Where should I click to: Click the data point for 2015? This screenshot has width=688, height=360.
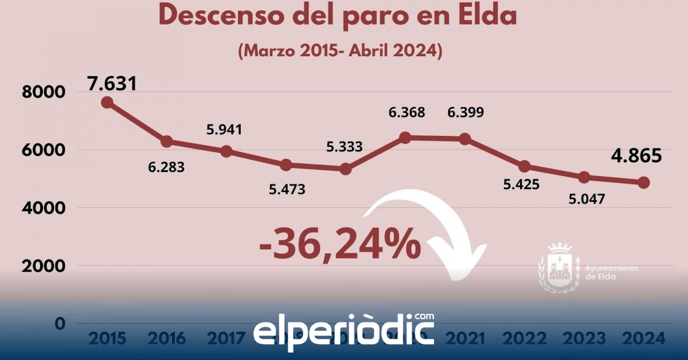(x=107, y=103)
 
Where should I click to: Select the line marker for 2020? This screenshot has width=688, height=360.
(x=405, y=138)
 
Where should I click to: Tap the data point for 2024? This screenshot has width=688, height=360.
(x=644, y=182)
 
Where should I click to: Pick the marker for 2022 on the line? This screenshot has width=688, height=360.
(x=525, y=167)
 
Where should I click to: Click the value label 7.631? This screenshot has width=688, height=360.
(x=112, y=84)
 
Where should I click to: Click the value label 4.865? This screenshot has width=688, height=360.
(x=636, y=156)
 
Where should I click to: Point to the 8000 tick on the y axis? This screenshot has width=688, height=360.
(x=44, y=92)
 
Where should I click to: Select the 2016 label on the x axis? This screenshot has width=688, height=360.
(x=166, y=338)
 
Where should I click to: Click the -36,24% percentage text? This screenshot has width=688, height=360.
(x=340, y=245)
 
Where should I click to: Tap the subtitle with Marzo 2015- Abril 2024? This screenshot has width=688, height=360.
(x=340, y=50)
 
